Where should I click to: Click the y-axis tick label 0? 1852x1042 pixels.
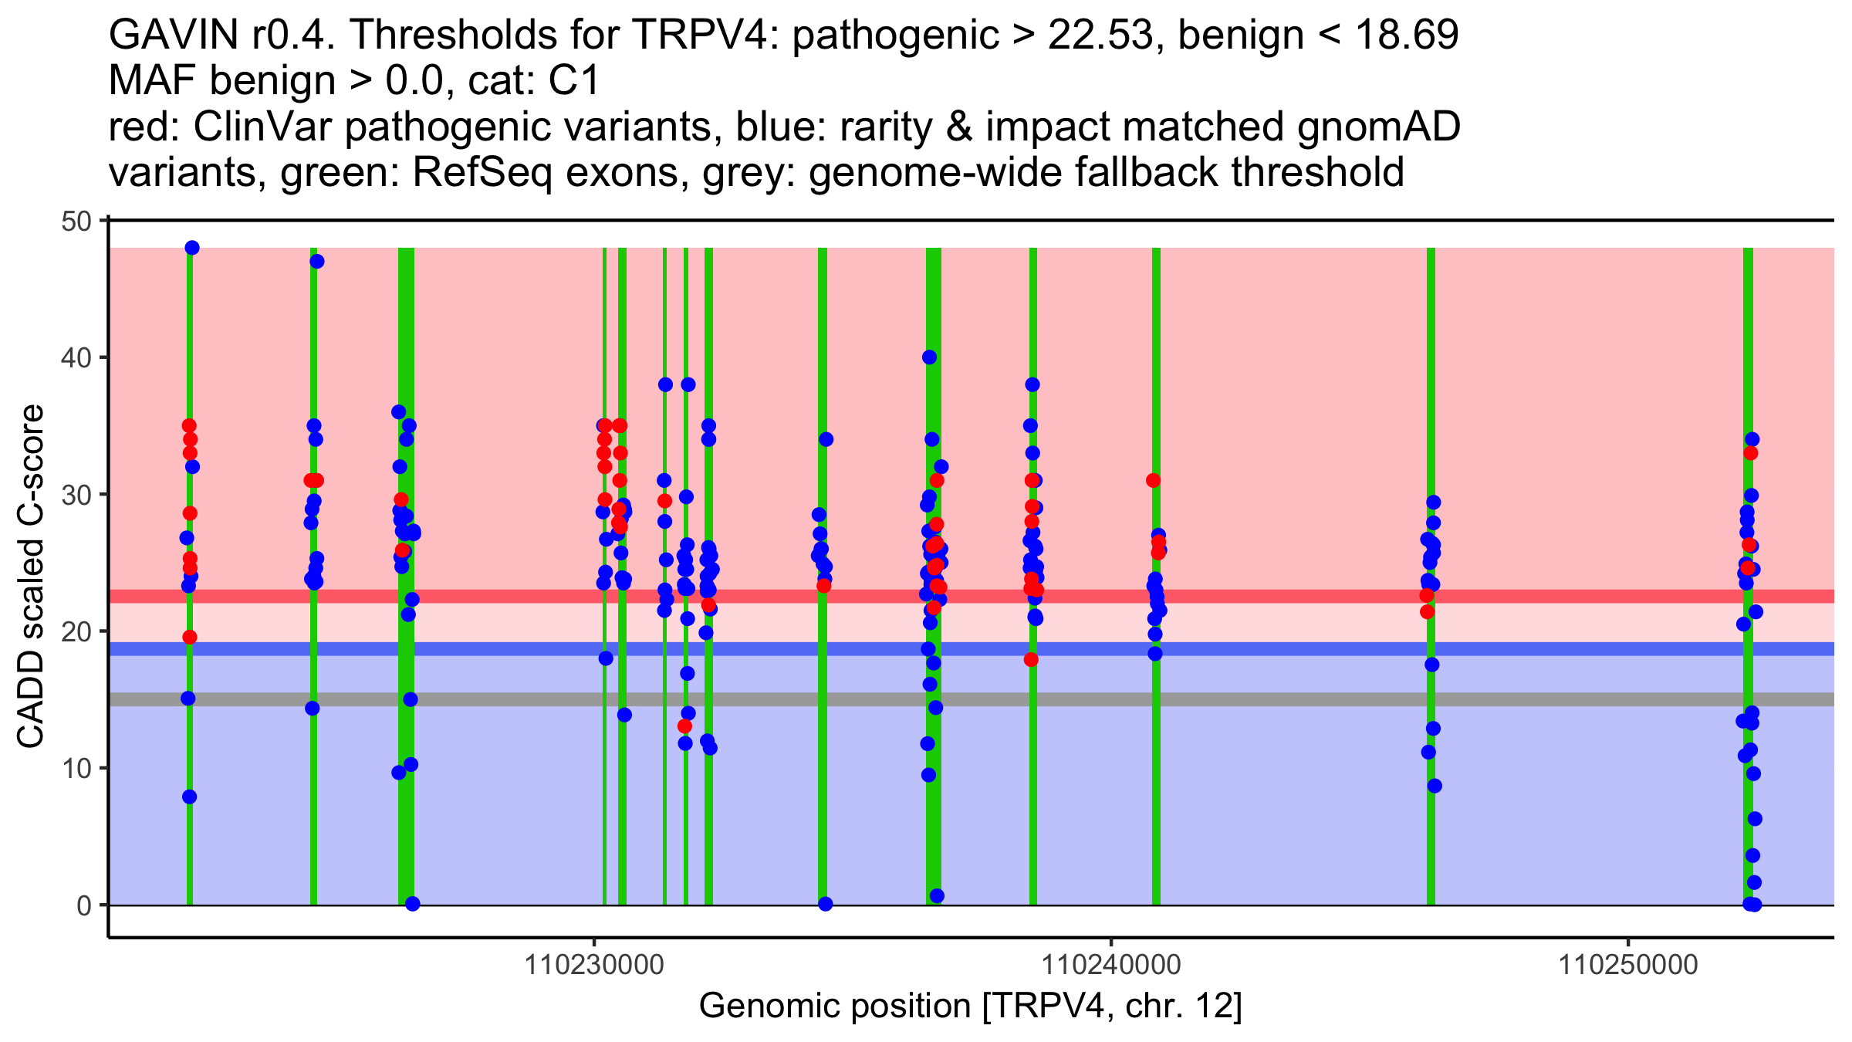(x=83, y=905)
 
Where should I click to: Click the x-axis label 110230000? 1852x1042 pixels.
(x=594, y=965)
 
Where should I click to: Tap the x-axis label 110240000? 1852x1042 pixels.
(x=1111, y=965)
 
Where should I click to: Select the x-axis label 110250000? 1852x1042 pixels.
(x=1628, y=965)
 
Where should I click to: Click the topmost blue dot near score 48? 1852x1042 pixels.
(x=192, y=248)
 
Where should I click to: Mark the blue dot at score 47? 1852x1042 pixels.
(x=317, y=262)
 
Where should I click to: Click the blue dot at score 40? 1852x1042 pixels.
(x=929, y=357)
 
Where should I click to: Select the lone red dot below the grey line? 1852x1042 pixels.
(x=684, y=726)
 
